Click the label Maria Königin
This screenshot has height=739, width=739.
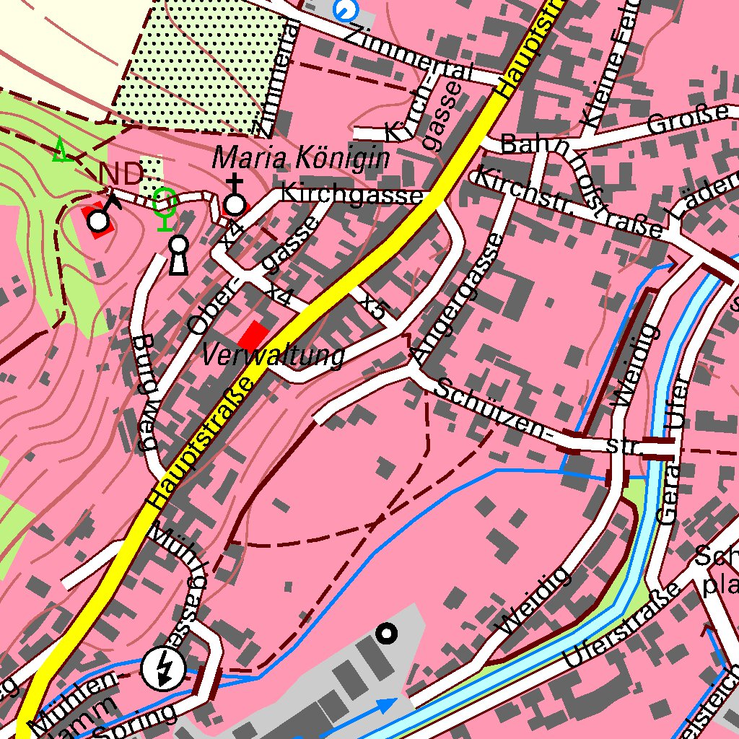click(x=301, y=158)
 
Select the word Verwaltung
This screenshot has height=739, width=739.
click(x=272, y=356)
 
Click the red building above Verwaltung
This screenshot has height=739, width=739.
click(x=253, y=336)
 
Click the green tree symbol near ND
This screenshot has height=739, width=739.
click(x=166, y=206)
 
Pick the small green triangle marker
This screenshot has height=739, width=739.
click(x=61, y=151)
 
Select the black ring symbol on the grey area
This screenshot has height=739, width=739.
click(x=388, y=634)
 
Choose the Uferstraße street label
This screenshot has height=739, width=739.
click(x=622, y=626)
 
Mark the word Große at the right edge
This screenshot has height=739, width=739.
click(x=688, y=119)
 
